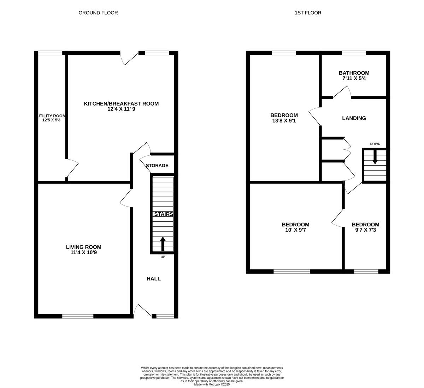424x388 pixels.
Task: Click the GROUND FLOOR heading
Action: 98,13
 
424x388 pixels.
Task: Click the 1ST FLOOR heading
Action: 308,13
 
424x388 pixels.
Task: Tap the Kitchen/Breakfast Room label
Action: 121,104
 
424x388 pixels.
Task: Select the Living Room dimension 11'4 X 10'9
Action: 83,253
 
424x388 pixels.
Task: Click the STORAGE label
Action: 157,166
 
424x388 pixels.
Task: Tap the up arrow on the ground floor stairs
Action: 163,244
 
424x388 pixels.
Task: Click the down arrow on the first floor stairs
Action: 375,157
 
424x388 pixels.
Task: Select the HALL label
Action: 154,279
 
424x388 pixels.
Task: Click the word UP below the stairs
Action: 163,257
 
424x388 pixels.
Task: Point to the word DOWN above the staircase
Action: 375,144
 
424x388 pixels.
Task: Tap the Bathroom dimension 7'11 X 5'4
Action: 354,78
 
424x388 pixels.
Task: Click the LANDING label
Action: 354,118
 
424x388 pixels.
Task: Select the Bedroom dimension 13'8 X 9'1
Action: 284,121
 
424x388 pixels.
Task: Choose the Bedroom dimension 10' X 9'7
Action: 295,230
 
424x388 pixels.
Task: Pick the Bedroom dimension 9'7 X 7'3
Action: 365,230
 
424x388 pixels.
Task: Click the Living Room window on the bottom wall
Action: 78,316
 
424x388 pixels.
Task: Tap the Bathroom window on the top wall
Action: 354,53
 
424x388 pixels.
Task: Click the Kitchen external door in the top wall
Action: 129,57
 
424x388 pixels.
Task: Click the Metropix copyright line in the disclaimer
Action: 212,384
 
